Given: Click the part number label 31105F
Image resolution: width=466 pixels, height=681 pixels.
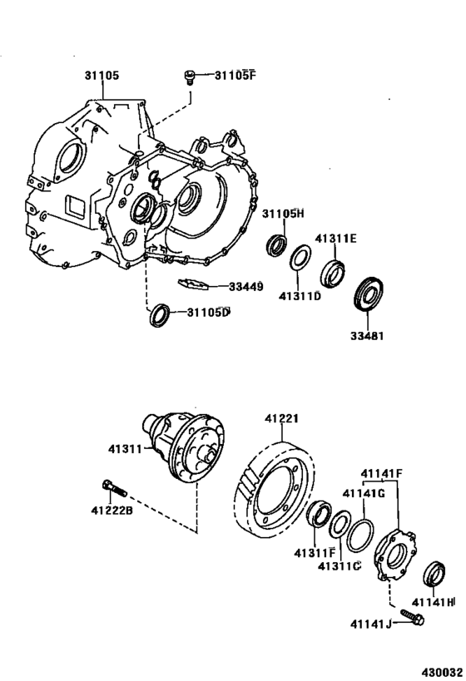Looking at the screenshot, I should (x=237, y=76).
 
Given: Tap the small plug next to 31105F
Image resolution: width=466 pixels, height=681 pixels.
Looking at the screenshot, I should (x=190, y=77).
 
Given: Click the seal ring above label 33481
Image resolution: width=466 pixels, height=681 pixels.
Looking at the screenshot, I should (x=368, y=294).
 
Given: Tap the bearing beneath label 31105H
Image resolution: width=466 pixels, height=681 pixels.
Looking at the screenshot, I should (x=276, y=245).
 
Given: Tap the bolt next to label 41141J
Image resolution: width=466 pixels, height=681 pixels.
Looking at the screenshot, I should (x=411, y=618).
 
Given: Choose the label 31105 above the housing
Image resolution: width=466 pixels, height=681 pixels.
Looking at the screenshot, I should (x=101, y=75).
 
